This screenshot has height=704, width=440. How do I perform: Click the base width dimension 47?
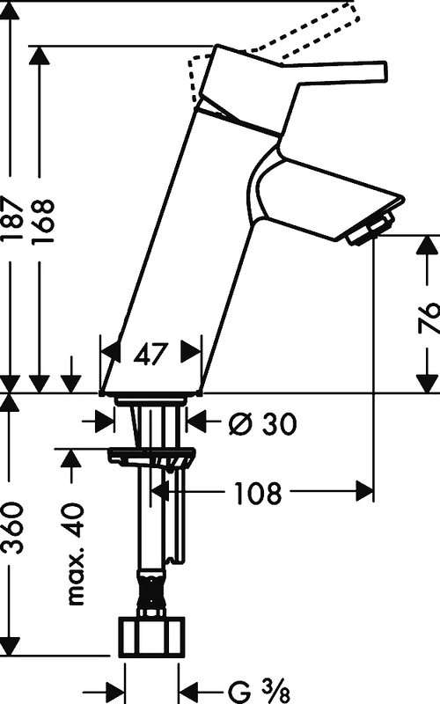150,355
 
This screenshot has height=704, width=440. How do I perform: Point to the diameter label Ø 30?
262,423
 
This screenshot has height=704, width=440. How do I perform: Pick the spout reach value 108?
258,493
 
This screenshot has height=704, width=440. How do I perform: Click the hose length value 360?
12,528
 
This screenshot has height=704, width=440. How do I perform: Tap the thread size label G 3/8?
260,692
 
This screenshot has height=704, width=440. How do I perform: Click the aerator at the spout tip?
370,230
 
